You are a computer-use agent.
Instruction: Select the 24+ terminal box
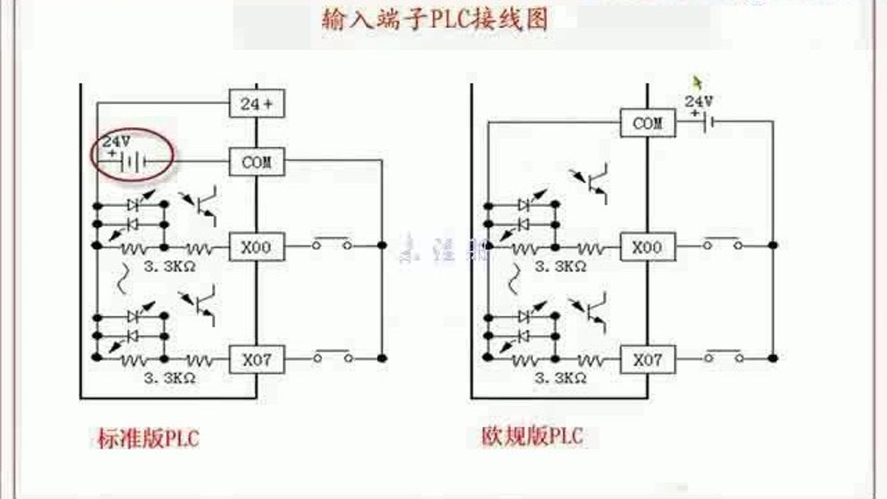tap(256, 104)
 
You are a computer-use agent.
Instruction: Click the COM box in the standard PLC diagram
tap(256, 162)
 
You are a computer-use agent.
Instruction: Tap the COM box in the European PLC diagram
tap(647, 124)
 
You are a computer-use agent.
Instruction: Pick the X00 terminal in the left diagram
tap(256, 245)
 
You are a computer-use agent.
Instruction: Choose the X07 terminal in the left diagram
tap(256, 359)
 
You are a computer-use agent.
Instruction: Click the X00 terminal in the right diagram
tap(647, 245)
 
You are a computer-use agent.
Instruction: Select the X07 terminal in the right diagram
tap(647, 359)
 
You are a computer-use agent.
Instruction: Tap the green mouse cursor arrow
tap(698, 83)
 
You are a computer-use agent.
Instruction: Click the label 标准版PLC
tap(148, 438)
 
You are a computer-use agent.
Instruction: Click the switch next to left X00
tap(332, 243)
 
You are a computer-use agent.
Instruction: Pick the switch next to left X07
tap(332, 356)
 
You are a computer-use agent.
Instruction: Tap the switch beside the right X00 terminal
tap(723, 243)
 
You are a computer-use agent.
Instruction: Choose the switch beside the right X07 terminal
tap(723, 356)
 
